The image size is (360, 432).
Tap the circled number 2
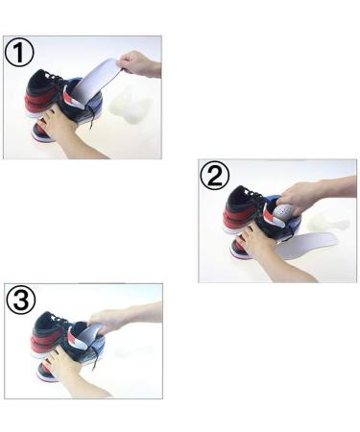216,177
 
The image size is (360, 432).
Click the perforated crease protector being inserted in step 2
281,208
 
